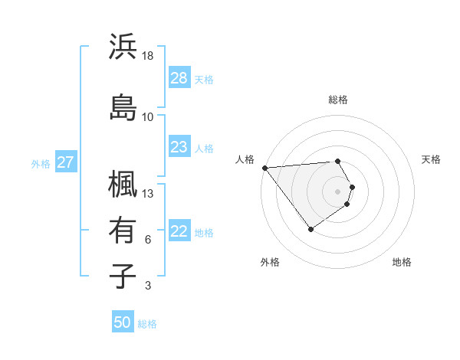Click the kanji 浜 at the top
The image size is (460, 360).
pyautogui.click(x=123, y=47)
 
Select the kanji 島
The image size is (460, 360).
pyautogui.click(x=123, y=106)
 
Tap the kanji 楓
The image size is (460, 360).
pyautogui.click(x=123, y=184)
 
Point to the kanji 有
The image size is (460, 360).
pyautogui.click(x=123, y=230)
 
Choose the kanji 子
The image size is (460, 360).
pyautogui.click(x=123, y=276)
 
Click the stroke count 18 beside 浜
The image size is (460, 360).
pyautogui.click(x=148, y=56)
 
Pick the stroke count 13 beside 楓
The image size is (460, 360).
pyautogui.click(x=148, y=193)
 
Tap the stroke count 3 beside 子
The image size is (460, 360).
pyautogui.click(x=148, y=286)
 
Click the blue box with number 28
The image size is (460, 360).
pyautogui.click(x=179, y=78)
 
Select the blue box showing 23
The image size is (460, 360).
pyautogui.click(x=179, y=147)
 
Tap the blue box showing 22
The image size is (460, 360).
pyautogui.click(x=179, y=232)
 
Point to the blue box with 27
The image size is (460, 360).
pyautogui.click(x=65, y=162)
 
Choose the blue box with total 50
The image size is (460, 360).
pyautogui.click(x=123, y=322)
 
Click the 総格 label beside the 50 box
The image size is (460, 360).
pyautogui.click(x=147, y=324)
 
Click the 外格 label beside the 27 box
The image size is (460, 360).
pyautogui.click(x=40, y=163)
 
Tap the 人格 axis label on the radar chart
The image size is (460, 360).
pyautogui.click(x=245, y=159)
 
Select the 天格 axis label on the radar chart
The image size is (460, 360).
pyautogui.click(x=431, y=159)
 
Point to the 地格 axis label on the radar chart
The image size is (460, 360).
pyautogui.click(x=402, y=262)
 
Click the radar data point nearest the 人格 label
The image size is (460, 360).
pyautogui.click(x=264, y=168)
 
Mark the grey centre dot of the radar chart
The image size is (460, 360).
pyautogui.click(x=337, y=191)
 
